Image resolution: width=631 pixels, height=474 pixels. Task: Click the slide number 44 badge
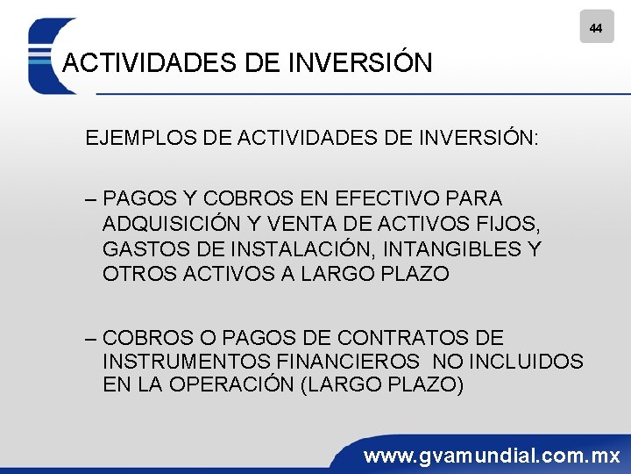point(596,28)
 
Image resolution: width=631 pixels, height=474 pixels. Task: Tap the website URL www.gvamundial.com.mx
point(492,456)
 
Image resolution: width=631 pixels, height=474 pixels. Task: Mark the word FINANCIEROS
point(344,362)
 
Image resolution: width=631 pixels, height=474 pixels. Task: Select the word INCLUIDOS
point(526,362)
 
